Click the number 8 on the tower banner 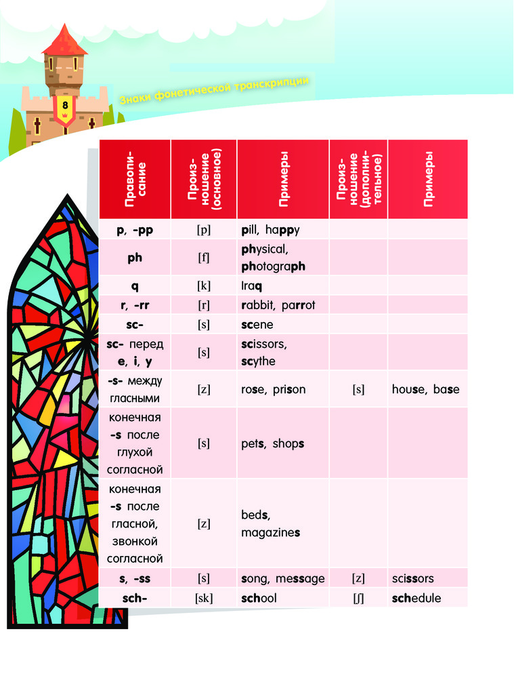tap(65, 105)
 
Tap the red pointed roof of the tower tap(64, 41)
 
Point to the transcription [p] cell tap(204, 230)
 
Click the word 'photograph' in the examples tap(273, 266)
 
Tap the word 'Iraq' tap(253, 286)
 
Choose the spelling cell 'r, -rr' tap(135, 306)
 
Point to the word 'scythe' tap(258, 361)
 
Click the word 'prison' tap(289, 390)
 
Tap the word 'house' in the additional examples tap(409, 390)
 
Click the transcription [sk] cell tap(204, 599)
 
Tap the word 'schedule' tap(416, 599)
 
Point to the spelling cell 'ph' tap(135, 258)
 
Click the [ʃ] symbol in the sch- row tap(358, 599)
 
